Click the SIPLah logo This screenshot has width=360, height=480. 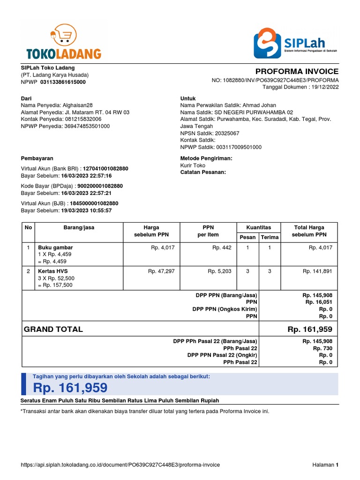(295, 43)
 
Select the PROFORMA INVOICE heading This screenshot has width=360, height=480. (297, 71)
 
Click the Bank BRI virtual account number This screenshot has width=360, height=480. (105, 168)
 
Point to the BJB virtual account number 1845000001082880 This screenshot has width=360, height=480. (94, 203)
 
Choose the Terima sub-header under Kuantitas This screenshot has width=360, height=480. (270, 237)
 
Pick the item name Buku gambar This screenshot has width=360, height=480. (55, 247)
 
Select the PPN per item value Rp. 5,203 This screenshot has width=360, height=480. (219, 271)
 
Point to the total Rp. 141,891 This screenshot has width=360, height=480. (317, 271)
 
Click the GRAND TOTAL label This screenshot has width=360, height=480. (53, 329)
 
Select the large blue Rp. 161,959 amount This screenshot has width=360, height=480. (70, 388)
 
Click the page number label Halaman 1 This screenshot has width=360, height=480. (325, 465)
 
